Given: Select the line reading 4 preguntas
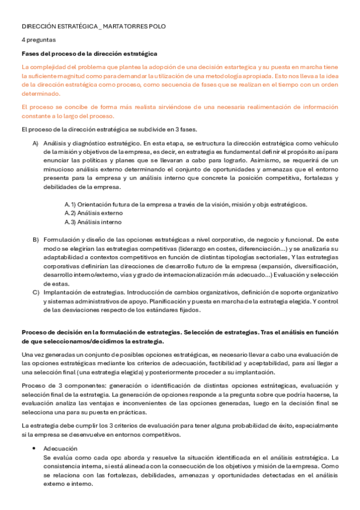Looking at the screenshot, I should [x=39, y=40].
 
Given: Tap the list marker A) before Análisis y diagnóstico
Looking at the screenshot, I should [x=35, y=143].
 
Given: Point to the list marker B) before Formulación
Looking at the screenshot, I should [x=35, y=239].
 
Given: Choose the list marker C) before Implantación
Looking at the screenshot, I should [x=35, y=292].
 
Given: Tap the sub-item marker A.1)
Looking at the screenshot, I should [x=70, y=204].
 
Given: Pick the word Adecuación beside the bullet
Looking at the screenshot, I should [x=60, y=449].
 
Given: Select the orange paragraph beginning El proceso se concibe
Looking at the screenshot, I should [x=180, y=111].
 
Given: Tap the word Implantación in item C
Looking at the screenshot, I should [x=62, y=292].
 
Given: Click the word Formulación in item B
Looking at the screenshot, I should [x=61, y=239].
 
